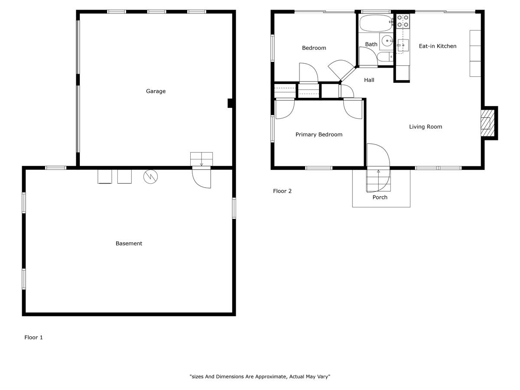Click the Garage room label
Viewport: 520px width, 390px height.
[x=156, y=91]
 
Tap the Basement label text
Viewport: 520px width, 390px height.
[x=129, y=244]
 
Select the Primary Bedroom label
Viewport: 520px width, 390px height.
[x=319, y=134]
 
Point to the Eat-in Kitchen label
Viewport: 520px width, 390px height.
[x=438, y=46]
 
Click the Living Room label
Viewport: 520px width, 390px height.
[x=426, y=127]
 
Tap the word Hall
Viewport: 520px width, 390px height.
[x=369, y=80]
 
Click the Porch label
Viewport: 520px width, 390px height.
[x=380, y=197]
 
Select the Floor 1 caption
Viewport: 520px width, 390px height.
[x=34, y=338]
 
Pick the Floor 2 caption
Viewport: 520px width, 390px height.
[x=282, y=191]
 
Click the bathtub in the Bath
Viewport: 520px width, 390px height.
[x=376, y=23]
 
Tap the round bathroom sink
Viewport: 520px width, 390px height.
[x=387, y=41]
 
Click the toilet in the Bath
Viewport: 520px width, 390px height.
[x=385, y=57]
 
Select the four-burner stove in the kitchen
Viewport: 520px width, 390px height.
[x=403, y=21]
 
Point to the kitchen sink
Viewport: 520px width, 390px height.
[x=403, y=45]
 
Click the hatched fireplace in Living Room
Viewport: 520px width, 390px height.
[x=487, y=123]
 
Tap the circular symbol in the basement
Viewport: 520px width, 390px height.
[x=150, y=177]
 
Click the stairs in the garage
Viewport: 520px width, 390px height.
[x=201, y=159]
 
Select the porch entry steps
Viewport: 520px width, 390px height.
[x=378, y=180]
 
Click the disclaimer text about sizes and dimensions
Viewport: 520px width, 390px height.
[x=260, y=377]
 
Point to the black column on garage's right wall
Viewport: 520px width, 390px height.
[x=230, y=103]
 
